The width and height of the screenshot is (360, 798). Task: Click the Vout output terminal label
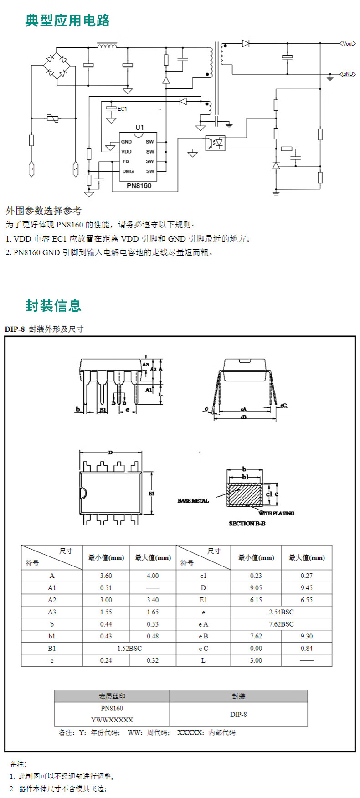[x=348, y=43]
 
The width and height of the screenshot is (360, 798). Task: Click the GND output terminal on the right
[x=348, y=74]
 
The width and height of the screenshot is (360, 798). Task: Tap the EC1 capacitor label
[x=122, y=108]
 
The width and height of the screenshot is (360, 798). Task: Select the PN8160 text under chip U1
[x=139, y=186]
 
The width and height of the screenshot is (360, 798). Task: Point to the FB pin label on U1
[x=126, y=161]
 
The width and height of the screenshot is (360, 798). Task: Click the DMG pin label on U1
[x=128, y=171]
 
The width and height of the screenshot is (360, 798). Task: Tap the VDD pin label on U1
[x=126, y=152]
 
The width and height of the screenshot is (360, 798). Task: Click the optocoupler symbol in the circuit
[x=215, y=143]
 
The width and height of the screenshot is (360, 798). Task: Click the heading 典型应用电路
[x=67, y=21]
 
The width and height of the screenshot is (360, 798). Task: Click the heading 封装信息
[x=53, y=305]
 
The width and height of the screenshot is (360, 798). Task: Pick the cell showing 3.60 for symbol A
[x=106, y=576]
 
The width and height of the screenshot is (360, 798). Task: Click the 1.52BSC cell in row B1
[x=129, y=648]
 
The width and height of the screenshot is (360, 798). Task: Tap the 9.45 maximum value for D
[x=306, y=588]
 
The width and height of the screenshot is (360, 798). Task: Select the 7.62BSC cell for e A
[x=281, y=624]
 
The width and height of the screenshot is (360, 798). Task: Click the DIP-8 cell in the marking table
[x=238, y=714]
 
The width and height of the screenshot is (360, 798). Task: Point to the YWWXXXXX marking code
[x=112, y=720]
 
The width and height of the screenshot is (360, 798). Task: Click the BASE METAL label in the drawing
[x=193, y=501]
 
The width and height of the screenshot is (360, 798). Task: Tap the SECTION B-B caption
[x=247, y=524]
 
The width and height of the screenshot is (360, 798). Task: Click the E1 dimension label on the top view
[x=152, y=494]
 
